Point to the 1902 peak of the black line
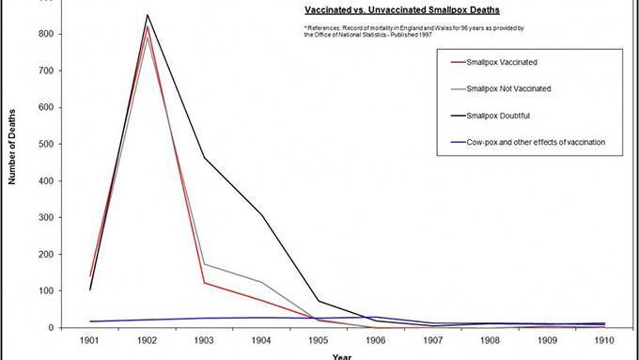(x=147, y=15)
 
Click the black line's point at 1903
(x=205, y=157)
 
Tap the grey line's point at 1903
(x=205, y=264)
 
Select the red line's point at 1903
(x=205, y=283)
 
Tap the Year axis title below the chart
(x=342, y=355)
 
